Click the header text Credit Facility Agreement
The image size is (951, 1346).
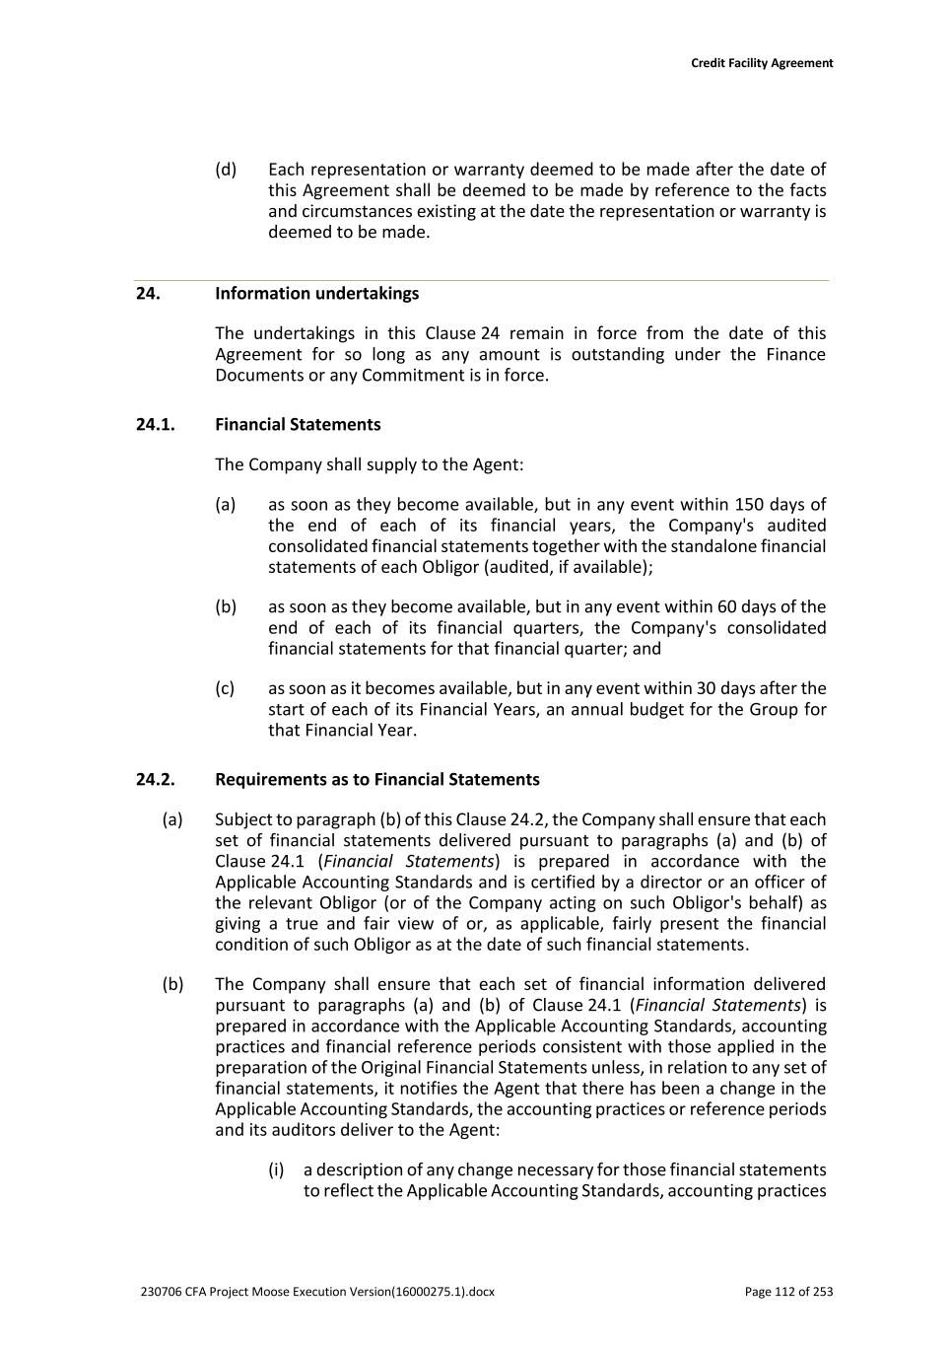click(x=761, y=63)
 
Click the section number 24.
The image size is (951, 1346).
click(x=148, y=294)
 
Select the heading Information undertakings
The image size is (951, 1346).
click(x=316, y=294)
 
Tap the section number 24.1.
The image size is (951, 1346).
click(x=155, y=425)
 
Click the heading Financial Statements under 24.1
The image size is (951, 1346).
click(x=298, y=425)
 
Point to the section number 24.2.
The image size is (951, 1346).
click(x=155, y=780)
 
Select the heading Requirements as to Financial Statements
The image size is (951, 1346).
click(x=376, y=780)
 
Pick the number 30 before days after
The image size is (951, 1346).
click(x=709, y=688)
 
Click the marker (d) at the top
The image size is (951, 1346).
click(x=226, y=170)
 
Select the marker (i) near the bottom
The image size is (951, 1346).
click(x=276, y=1170)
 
